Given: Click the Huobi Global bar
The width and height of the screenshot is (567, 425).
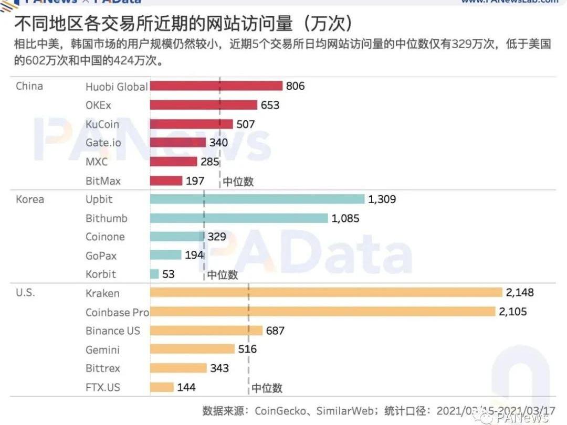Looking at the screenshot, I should [216, 86].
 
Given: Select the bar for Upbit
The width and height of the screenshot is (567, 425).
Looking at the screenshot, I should [257, 199].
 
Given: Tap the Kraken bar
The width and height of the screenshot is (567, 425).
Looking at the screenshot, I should [326, 293].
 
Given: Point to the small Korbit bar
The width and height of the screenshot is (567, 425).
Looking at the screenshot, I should [154, 274].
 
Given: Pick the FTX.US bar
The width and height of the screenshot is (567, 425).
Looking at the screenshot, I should [162, 387].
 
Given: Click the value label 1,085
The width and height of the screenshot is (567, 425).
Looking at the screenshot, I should [345, 218].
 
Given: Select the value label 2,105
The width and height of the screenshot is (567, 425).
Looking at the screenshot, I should [513, 312].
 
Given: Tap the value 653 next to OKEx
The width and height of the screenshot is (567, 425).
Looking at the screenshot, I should [270, 105].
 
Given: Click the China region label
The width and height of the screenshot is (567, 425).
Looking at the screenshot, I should [29, 86].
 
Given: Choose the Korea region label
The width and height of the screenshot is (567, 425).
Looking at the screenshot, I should [30, 199].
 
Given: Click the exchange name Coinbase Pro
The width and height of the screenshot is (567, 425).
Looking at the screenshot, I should [117, 312].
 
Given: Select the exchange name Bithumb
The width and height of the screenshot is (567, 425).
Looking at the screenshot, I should [107, 218].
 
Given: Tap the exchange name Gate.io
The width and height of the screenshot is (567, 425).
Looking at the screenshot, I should [103, 143].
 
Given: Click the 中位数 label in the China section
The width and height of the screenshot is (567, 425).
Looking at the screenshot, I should [238, 182].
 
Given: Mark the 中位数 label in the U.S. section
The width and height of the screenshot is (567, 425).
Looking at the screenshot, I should [267, 388].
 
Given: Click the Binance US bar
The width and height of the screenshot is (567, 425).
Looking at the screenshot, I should [206, 331].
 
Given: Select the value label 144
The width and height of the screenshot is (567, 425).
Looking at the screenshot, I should [186, 387].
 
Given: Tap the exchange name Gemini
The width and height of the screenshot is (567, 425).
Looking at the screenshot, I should [102, 349].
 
